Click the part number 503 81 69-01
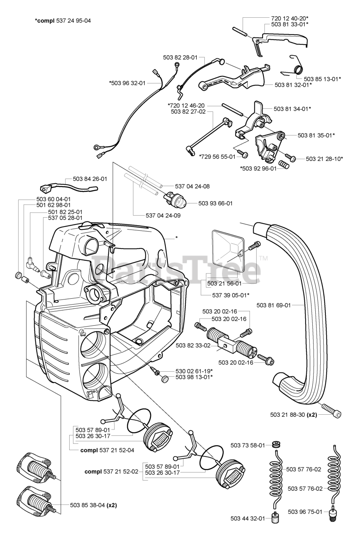coord(273,305)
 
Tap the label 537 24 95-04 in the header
coord(73,21)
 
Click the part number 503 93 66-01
coord(215,203)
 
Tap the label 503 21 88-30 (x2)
coord(293,415)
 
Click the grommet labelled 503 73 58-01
coord(276,445)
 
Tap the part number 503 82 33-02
coord(193,346)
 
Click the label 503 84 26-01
coord(90,179)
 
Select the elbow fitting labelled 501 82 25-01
coord(31,264)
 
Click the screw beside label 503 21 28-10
coord(290,157)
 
